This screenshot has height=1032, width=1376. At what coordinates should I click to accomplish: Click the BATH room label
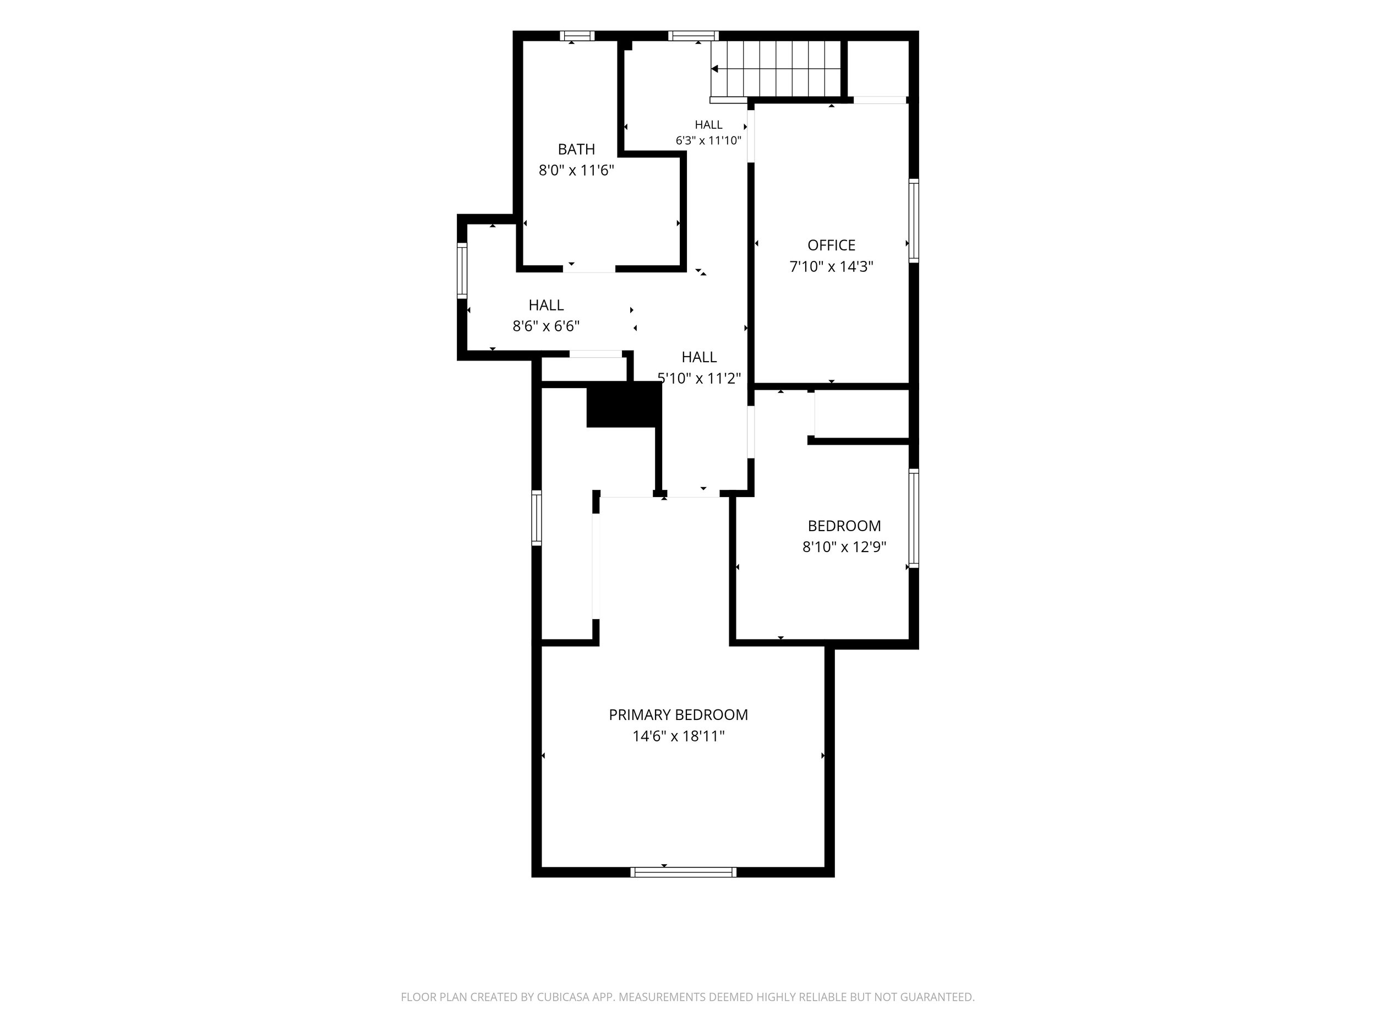(x=576, y=149)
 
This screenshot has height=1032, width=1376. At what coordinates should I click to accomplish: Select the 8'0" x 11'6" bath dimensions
(x=576, y=171)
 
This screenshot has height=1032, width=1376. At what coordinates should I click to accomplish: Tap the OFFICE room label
(x=831, y=245)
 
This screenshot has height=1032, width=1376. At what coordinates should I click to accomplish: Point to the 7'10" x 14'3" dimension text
(x=831, y=267)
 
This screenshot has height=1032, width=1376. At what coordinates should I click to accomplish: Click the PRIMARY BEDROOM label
(x=678, y=715)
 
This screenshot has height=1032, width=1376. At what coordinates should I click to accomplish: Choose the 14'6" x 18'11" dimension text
(x=678, y=736)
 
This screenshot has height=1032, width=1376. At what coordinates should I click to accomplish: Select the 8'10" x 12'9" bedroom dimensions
(x=844, y=547)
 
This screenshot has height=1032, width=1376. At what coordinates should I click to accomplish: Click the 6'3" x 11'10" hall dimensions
(x=708, y=140)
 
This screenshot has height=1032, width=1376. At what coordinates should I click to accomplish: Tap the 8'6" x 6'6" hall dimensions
(x=546, y=326)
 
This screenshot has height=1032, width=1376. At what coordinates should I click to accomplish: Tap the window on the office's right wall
(x=913, y=220)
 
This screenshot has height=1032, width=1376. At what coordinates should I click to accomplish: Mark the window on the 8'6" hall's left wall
(x=462, y=271)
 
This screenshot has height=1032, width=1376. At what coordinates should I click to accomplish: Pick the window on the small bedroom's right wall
(x=913, y=518)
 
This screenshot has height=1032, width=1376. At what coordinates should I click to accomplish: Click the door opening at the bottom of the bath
(x=589, y=269)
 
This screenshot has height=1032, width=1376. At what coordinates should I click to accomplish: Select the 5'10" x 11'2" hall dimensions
(x=699, y=378)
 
